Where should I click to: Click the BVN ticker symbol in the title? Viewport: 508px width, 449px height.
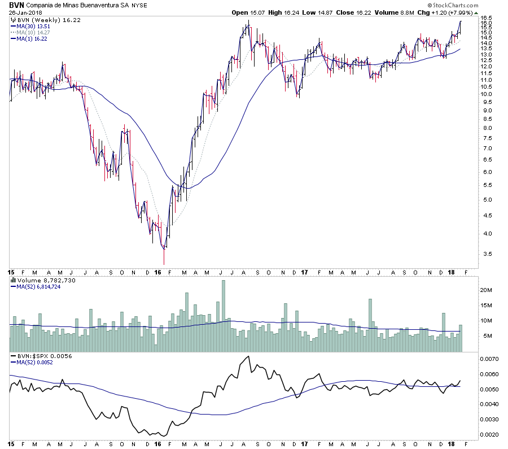pos(16,5)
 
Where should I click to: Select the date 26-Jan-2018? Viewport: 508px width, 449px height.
pos(22,12)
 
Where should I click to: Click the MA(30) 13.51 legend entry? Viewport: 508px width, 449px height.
pos(34,25)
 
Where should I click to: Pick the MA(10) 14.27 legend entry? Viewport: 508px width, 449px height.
pos(34,32)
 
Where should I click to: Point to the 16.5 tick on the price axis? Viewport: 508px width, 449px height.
pos(487,18)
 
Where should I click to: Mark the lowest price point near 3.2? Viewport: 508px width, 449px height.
pos(164,263)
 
